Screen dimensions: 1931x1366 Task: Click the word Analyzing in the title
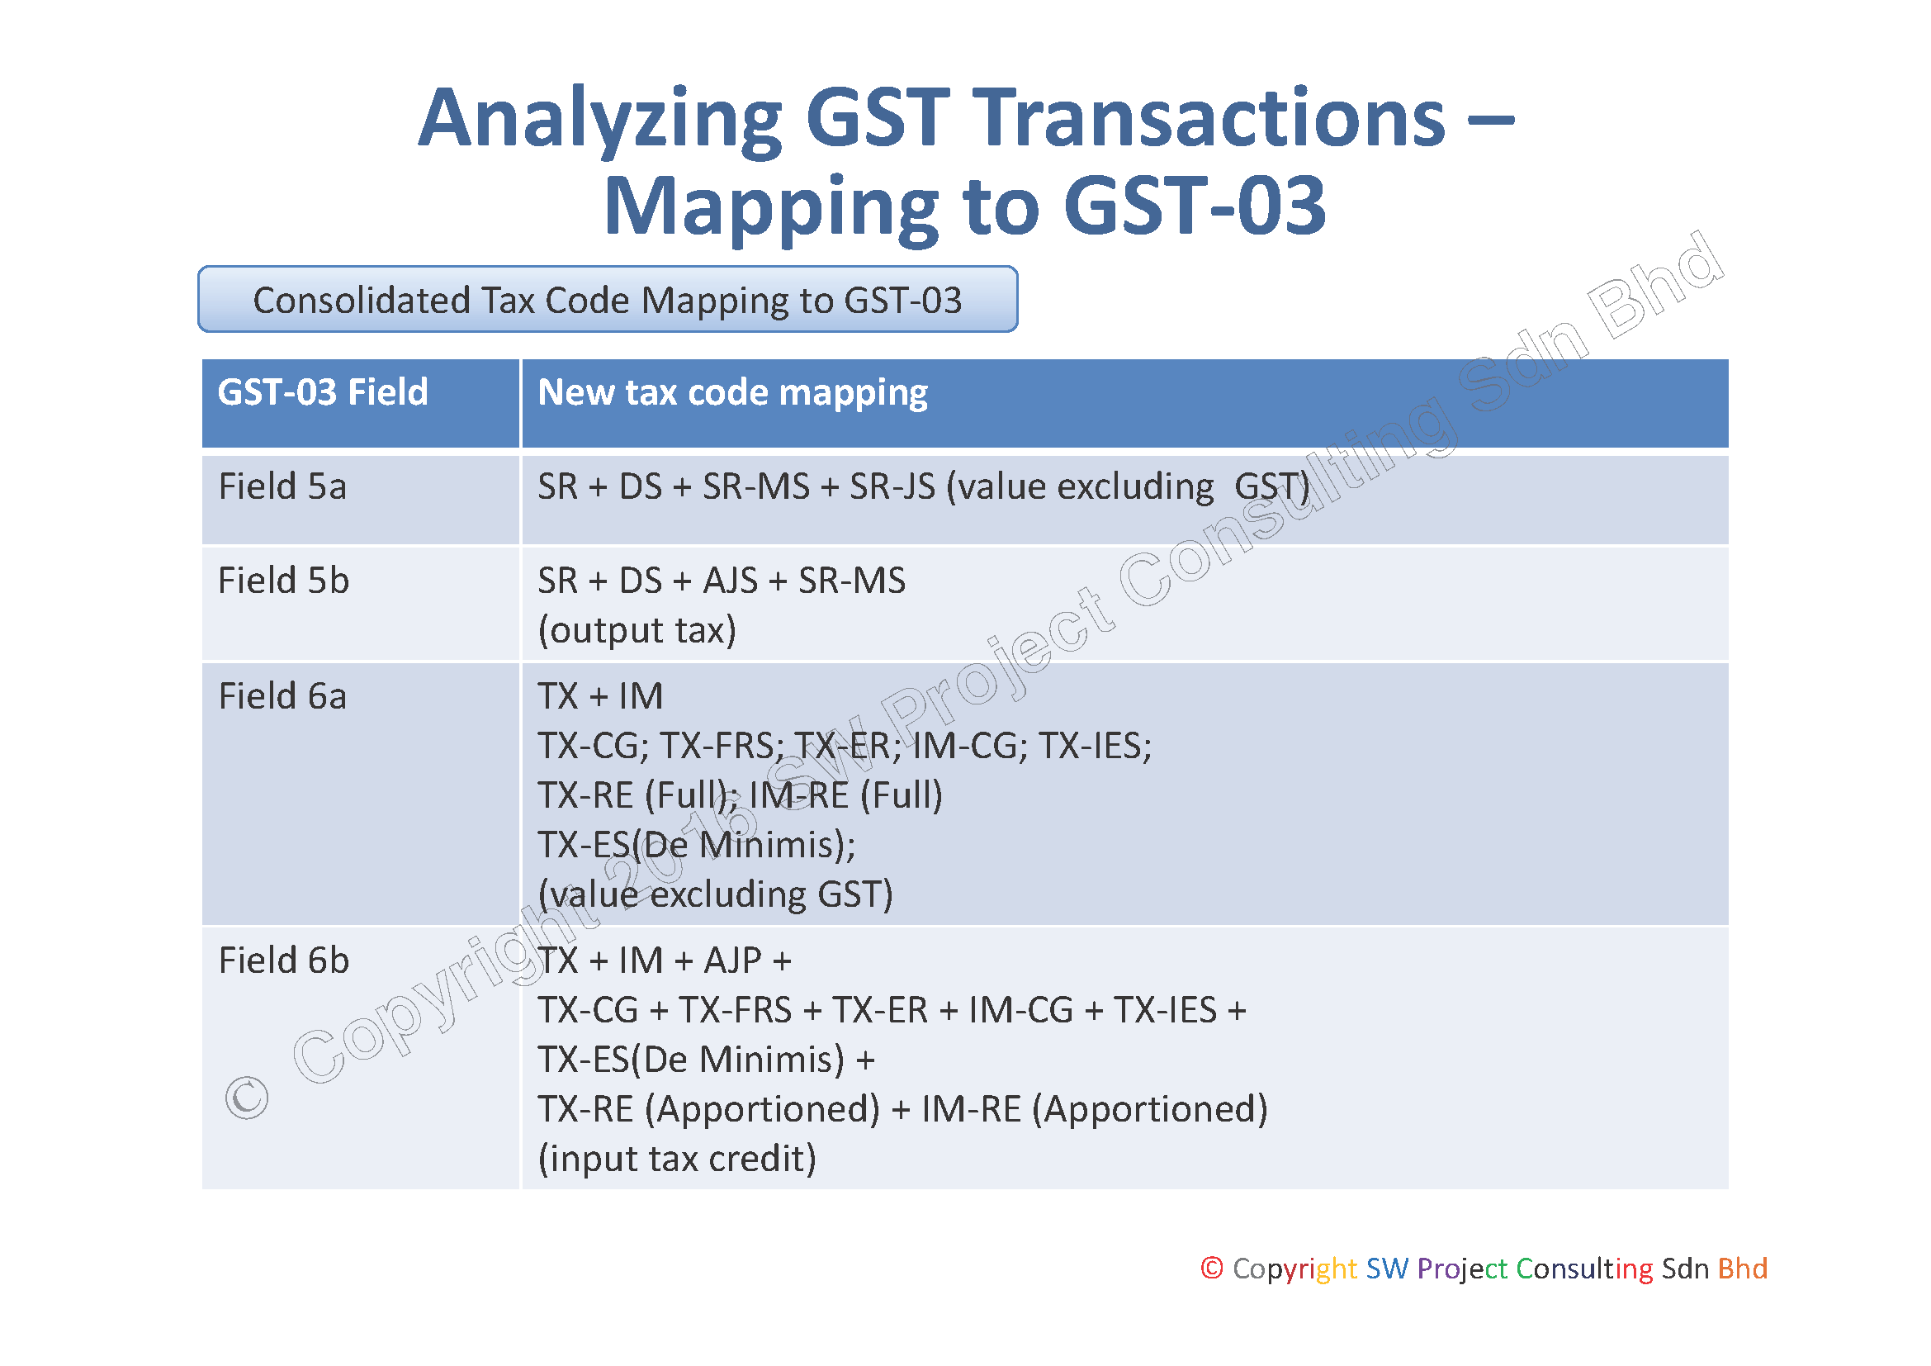pyautogui.click(x=601, y=120)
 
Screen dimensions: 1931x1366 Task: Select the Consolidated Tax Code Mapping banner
pyautogui.click(x=608, y=300)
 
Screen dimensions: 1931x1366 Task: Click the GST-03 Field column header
pyautogui.click(x=323, y=393)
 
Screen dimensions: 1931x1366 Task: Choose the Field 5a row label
pyautogui.click(x=282, y=486)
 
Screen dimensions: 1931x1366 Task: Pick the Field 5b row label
pyautogui.click(x=283, y=581)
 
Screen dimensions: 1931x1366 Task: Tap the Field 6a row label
pyautogui.click(x=282, y=696)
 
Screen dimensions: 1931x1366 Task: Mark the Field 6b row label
pyautogui.click(x=283, y=960)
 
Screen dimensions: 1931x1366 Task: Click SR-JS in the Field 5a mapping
pyautogui.click(x=892, y=486)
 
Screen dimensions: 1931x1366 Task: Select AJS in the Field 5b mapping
pyautogui.click(x=731, y=581)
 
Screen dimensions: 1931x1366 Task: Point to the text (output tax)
pyautogui.click(x=637, y=630)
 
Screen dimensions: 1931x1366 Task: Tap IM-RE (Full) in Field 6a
pyautogui.click(x=846, y=794)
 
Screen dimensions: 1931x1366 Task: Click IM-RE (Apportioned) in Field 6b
pyautogui.click(x=1095, y=1108)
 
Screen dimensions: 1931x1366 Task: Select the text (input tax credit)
pyautogui.click(x=677, y=1158)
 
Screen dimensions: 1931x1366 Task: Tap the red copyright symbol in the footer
pyautogui.click(x=1212, y=1268)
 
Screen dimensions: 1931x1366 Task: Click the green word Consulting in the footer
pyautogui.click(x=1584, y=1269)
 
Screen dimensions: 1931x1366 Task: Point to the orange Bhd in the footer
pyautogui.click(x=1743, y=1268)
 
